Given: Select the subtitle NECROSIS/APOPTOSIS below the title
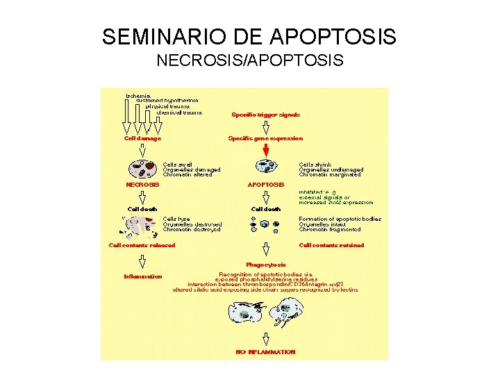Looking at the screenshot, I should [249, 61].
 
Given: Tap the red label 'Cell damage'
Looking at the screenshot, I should [142, 138].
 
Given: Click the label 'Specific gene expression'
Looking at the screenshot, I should [265, 138].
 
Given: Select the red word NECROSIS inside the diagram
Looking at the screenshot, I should [142, 185].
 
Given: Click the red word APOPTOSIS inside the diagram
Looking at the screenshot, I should [265, 185].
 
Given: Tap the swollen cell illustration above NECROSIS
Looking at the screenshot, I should [142, 168].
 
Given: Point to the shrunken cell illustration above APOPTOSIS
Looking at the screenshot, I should [265, 167].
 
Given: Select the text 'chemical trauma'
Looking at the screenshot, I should [179, 112].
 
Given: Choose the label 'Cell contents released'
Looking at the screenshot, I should [142, 244].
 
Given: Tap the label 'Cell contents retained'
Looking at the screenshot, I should [331, 244].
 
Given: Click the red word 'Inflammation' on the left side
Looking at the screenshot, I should [142, 276].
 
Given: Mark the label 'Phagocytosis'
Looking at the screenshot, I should [265, 264].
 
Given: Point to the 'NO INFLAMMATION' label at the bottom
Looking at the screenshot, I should [265, 352].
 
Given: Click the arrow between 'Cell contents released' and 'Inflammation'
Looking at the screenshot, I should [142, 260].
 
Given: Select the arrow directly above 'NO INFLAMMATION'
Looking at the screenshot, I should [265, 339].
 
